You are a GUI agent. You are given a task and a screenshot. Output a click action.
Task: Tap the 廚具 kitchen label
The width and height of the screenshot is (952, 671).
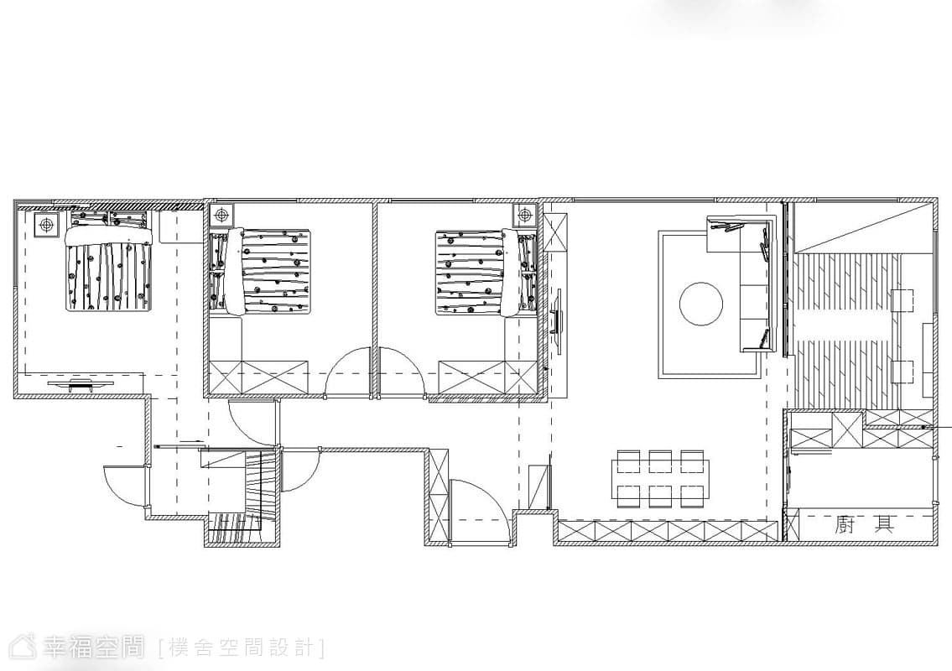tap(865, 524)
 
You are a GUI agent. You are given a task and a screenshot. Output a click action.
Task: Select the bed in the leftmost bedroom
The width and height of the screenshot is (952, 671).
tap(108, 260)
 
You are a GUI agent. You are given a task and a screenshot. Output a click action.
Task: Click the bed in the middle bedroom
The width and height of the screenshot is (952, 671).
tap(261, 272)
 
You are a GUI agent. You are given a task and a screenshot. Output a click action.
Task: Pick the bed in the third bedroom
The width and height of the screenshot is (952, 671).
tap(486, 272)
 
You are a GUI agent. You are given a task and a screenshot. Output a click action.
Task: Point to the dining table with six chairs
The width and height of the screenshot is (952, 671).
tap(661, 479)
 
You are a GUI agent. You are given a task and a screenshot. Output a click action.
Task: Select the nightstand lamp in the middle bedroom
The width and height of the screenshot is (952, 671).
tap(222, 215)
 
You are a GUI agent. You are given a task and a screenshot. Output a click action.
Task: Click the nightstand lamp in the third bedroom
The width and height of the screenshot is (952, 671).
tap(524, 215)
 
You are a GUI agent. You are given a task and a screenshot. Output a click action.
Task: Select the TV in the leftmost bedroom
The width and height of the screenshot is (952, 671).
tap(79, 383)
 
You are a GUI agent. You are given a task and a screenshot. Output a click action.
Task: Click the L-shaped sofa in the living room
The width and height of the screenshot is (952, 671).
tap(743, 284)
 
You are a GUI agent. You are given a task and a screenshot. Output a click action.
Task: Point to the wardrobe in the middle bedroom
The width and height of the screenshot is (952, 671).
tap(258, 377)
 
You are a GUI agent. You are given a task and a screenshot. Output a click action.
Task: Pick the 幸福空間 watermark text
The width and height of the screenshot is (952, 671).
tap(83, 648)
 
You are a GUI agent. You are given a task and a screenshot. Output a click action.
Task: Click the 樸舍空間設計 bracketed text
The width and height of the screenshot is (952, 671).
tap(242, 648)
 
